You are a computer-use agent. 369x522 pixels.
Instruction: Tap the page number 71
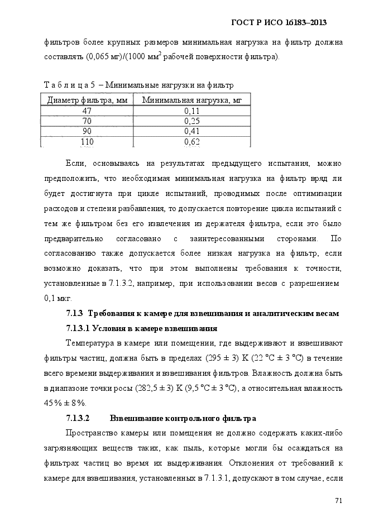(x=338, y=500)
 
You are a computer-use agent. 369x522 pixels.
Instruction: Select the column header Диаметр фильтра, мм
(x=87, y=100)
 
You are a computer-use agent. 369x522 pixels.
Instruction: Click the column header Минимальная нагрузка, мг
(x=191, y=100)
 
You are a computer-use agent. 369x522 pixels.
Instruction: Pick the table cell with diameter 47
(x=87, y=111)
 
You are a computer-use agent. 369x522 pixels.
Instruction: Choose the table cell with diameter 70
(x=87, y=121)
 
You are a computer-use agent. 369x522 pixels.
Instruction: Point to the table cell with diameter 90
(x=87, y=131)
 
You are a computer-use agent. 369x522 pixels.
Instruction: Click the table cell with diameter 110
(x=87, y=142)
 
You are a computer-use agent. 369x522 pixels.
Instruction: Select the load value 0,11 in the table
(x=191, y=111)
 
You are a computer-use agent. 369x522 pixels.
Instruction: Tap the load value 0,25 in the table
(x=191, y=121)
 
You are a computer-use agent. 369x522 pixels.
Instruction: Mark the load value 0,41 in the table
(x=191, y=131)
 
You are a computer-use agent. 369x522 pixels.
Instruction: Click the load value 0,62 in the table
(x=191, y=142)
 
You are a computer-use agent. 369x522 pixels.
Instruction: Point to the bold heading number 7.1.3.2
(x=78, y=418)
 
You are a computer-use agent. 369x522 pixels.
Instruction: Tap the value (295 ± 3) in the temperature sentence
(x=223, y=358)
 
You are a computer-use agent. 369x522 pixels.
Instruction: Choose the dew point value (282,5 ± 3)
(x=154, y=388)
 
